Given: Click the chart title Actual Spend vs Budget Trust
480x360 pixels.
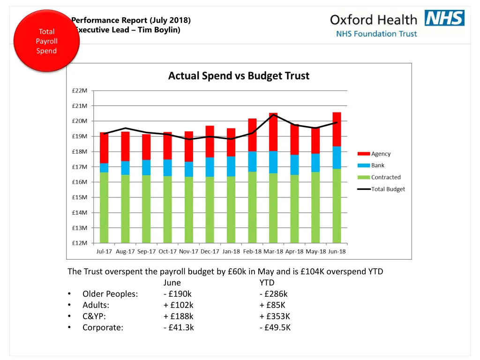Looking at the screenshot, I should coord(239,76).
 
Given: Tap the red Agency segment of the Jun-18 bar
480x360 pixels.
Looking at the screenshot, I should coord(337,129).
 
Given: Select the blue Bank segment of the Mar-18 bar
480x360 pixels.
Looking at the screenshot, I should coord(273,162).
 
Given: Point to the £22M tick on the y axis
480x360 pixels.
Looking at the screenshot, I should coord(79,90).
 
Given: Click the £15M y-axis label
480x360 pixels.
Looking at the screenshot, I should coord(79,197).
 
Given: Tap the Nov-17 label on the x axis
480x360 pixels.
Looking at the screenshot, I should coord(188,251).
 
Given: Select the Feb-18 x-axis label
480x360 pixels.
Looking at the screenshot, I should coord(252,251).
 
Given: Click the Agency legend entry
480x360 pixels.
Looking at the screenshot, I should coord(380,154).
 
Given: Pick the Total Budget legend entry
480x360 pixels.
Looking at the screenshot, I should coord(388,189).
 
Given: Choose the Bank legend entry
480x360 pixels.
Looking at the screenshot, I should coord(377,165).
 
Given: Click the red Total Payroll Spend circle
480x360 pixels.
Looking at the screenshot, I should coord(46,41).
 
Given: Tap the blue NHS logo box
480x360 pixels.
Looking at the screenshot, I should coord(444,18).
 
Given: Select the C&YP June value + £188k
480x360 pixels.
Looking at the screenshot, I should coord(178,316).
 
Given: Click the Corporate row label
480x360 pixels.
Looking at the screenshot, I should coord(103,327).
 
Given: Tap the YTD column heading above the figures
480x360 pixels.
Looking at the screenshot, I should coord(267,283).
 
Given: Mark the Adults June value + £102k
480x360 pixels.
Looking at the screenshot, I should coord(178,305).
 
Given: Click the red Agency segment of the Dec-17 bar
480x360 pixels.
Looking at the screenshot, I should coord(210,141).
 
